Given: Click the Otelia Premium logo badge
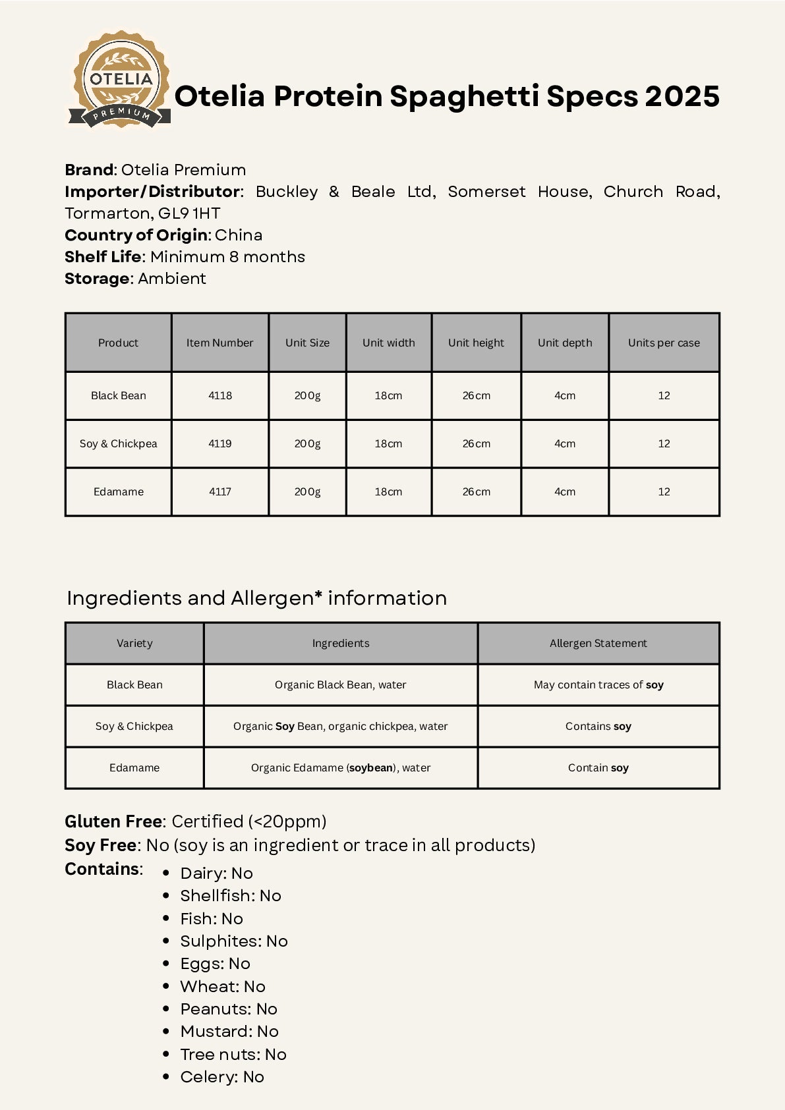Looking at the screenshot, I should point(120,80).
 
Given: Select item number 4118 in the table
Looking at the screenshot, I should point(220,396).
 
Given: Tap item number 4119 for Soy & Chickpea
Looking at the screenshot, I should point(220,444).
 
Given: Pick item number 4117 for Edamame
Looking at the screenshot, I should point(220,492).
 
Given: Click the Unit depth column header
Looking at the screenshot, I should point(565,343).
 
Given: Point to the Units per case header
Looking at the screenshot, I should point(664,343).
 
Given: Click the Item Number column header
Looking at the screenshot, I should point(219,343).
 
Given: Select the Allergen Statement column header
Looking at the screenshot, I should point(598,644).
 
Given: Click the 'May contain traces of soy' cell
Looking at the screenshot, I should point(598,685).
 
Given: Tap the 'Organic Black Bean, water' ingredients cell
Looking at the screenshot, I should point(340,685).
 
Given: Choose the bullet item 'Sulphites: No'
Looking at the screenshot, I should point(234,941).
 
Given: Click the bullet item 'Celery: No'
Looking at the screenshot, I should point(222,1077).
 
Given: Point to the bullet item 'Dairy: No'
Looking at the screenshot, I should point(216,874).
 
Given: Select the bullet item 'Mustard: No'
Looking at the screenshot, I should point(229,1032).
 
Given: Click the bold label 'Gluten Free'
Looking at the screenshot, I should point(113,821).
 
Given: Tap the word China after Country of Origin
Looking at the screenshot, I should point(239,235).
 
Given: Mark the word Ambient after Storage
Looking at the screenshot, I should point(172,279).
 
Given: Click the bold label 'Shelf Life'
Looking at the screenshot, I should point(103,257).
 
